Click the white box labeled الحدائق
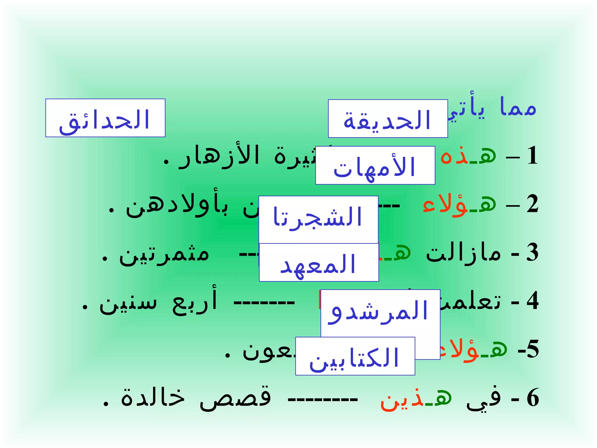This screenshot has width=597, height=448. (x=105, y=118)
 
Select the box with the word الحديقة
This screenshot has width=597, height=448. (x=388, y=119)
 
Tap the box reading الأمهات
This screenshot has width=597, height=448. (x=375, y=166)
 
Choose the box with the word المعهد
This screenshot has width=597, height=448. (x=319, y=263)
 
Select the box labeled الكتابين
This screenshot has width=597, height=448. (x=355, y=356)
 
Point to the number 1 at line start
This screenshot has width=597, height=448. (x=533, y=156)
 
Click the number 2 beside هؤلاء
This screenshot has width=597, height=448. (x=533, y=204)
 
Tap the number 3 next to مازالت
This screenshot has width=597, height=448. (x=532, y=253)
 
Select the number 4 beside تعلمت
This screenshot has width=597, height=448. (x=533, y=301)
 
